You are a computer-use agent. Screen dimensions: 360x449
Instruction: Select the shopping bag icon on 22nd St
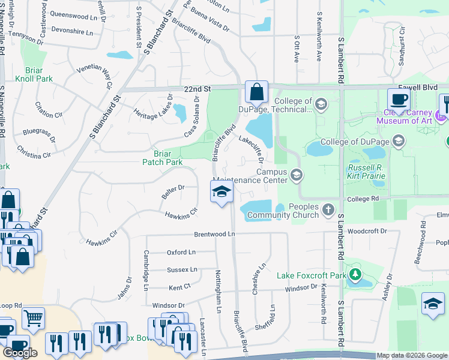click(x=256, y=93)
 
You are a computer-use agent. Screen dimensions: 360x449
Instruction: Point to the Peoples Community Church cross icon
click(x=328, y=210)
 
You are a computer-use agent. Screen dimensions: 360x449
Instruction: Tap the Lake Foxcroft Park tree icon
click(x=355, y=275)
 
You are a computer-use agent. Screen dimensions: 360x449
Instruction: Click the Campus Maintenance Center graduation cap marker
click(x=296, y=175)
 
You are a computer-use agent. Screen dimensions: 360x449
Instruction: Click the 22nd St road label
click(x=198, y=88)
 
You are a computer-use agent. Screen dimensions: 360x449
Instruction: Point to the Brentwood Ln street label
click(x=212, y=235)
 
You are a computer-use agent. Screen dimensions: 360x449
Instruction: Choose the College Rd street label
click(x=366, y=198)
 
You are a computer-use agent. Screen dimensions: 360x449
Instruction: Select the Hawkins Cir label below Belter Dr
click(x=181, y=212)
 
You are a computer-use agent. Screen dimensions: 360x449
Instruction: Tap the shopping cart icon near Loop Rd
click(x=34, y=318)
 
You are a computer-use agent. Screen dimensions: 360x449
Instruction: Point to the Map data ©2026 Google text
click(x=412, y=356)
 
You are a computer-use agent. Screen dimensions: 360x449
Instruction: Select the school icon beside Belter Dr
click(x=221, y=193)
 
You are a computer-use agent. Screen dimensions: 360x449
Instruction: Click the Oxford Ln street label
click(x=181, y=253)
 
